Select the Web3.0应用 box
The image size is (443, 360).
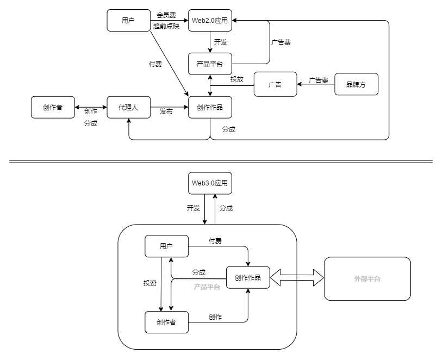coord(210,183)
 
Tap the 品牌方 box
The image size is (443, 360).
coord(356,84)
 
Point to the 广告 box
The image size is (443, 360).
coord(276,84)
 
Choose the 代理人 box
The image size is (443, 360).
coord(128,108)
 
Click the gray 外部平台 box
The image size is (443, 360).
coord(367,278)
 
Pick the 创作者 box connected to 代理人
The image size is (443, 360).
coord(52,108)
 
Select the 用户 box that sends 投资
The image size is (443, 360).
coord(166,246)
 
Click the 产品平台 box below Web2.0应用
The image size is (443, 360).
coord(210,64)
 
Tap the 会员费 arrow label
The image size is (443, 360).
coord(166,15)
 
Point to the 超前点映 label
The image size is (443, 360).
coord(166,26)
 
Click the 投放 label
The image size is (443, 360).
coord(236,79)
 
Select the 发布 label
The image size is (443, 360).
coord(166,111)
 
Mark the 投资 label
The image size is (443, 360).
coord(150,283)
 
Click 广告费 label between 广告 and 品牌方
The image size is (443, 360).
coord(319,80)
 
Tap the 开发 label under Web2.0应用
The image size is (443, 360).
coord(220,42)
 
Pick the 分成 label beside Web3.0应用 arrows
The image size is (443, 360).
coord(227,208)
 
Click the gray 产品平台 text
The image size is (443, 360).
coord(207,287)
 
